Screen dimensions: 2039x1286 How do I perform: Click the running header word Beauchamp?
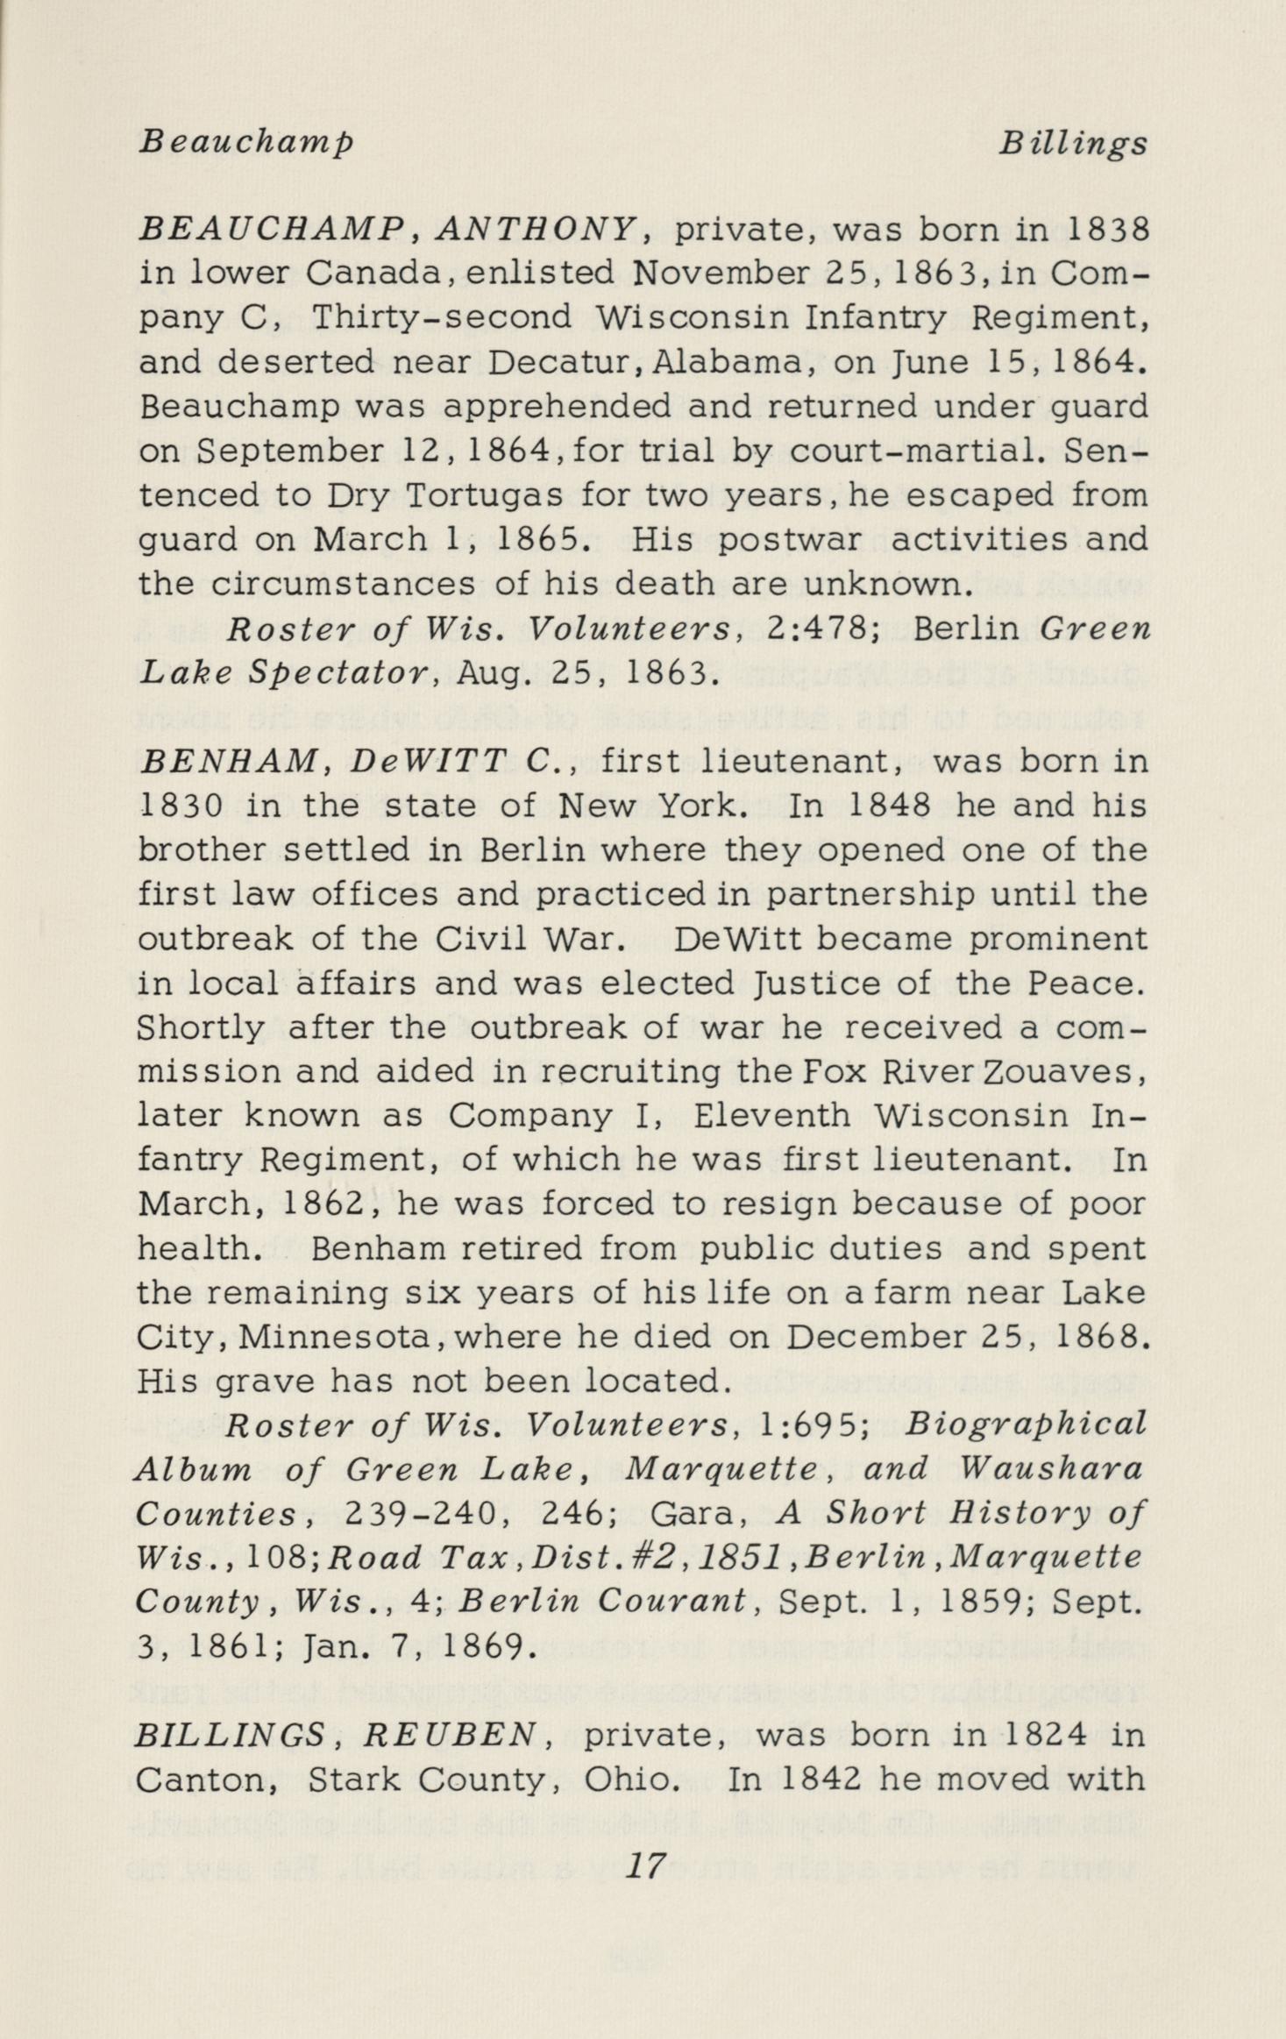[246, 143]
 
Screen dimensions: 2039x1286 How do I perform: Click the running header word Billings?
[1073, 143]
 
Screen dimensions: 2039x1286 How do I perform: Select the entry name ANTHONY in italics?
[536, 229]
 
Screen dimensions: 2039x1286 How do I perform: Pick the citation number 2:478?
[817, 629]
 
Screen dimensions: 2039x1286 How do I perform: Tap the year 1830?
[183, 806]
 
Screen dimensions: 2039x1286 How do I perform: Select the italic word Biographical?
[1025, 1425]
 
